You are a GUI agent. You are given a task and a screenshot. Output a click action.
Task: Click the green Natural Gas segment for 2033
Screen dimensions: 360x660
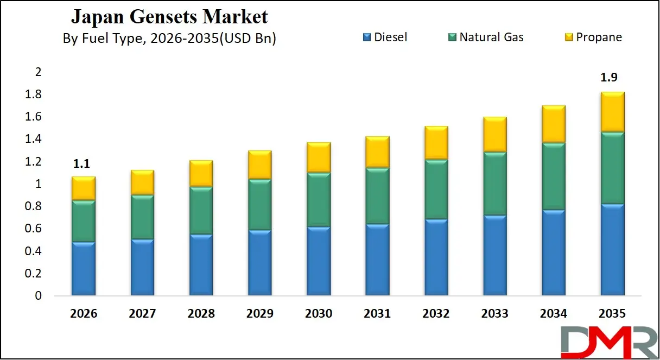[x=494, y=184]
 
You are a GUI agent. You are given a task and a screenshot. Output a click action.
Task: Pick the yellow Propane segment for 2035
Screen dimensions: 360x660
[x=612, y=111]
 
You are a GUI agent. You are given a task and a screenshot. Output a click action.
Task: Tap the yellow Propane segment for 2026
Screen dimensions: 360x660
[x=83, y=188]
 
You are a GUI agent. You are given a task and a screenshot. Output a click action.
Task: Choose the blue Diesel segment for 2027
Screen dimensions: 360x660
[x=142, y=267]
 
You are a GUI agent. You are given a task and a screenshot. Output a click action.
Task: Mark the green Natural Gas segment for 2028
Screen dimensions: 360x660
[x=201, y=210]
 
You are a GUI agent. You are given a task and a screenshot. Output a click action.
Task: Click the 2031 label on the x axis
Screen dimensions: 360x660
[x=377, y=314]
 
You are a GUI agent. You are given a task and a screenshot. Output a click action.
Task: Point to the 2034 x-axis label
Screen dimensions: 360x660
[x=553, y=314]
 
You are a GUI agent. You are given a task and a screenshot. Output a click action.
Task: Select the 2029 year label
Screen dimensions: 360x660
[x=259, y=314]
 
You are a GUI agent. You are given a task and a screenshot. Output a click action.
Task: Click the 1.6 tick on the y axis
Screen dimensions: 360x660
[x=34, y=117]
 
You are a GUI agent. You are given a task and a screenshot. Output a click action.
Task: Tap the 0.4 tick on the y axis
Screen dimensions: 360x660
[x=34, y=251]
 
